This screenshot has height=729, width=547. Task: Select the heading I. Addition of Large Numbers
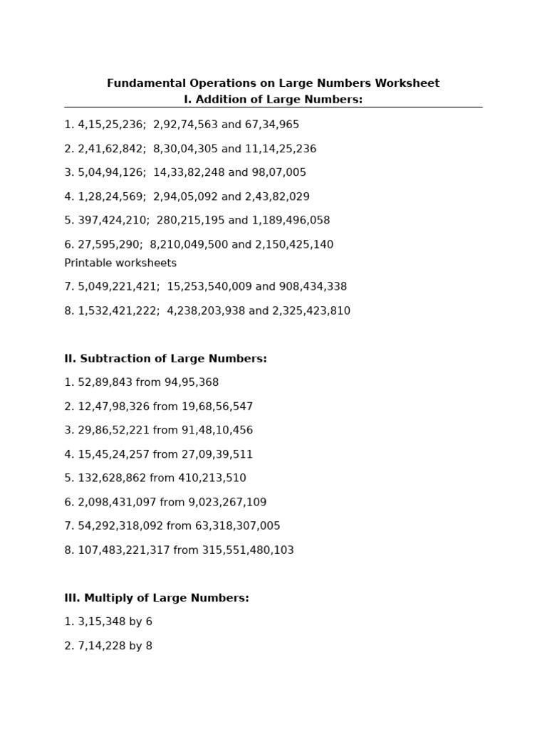273,100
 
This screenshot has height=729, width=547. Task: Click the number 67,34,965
272,125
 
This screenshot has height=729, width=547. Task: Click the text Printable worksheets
120,263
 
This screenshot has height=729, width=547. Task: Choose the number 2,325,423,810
311,311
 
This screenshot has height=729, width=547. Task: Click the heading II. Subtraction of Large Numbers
165,359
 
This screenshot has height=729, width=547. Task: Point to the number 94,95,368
192,383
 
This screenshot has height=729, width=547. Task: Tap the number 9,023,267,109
227,503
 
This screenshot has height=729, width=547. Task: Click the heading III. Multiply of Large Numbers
157,598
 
